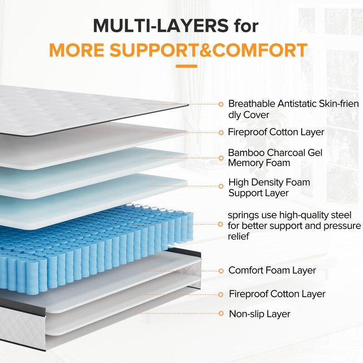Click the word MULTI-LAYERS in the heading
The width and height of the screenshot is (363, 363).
161,26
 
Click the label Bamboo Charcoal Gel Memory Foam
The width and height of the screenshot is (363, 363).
275,157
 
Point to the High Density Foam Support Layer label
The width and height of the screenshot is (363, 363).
269,187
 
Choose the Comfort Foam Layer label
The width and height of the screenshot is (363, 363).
272,270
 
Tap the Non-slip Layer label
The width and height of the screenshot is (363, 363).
260,314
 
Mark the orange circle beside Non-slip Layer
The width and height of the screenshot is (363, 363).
221,314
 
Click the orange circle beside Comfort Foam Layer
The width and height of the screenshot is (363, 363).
221,271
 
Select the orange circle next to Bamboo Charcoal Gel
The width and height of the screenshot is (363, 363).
221,158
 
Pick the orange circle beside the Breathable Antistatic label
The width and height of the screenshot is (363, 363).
221,104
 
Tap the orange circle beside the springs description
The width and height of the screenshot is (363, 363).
221,224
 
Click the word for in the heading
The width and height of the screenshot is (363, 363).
245,26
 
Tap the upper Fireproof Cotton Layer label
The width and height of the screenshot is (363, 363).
276,132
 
